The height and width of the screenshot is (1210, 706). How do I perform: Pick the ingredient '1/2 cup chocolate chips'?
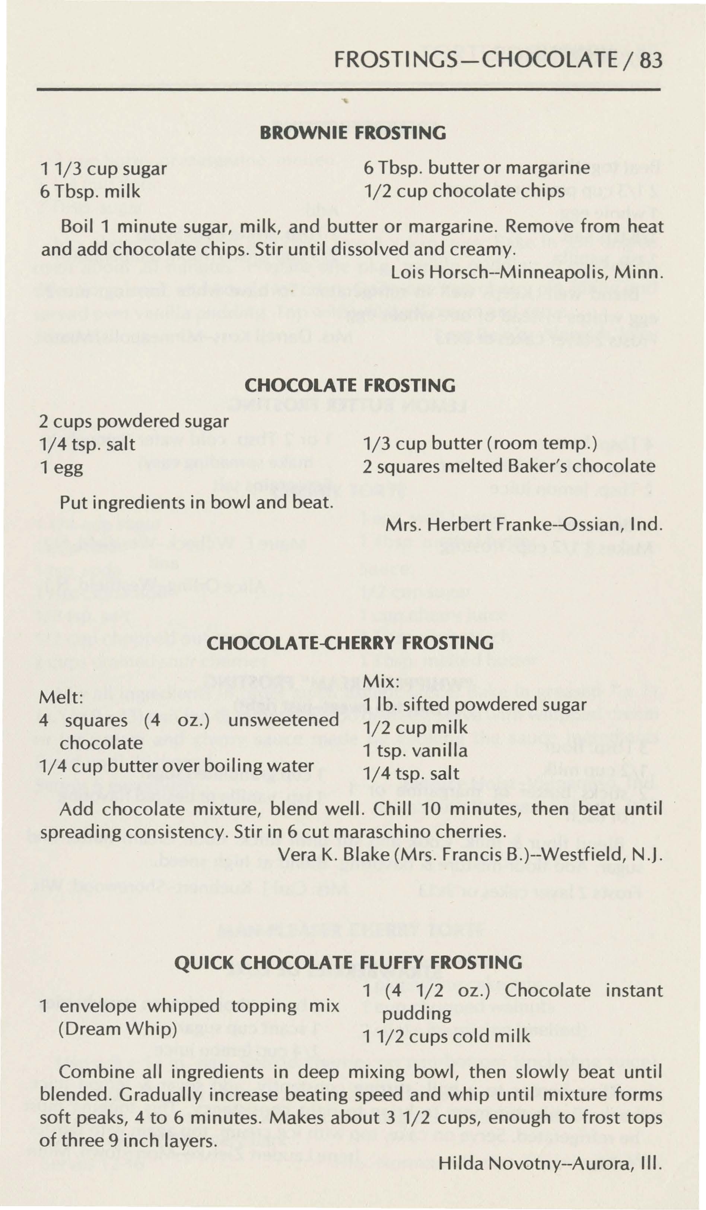[463, 192]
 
